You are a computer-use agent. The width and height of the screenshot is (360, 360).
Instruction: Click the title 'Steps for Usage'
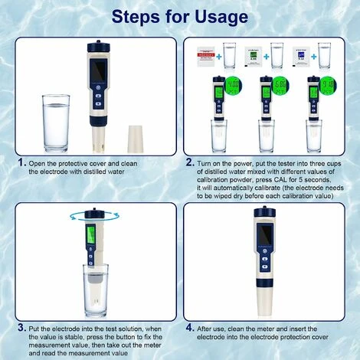(179, 16)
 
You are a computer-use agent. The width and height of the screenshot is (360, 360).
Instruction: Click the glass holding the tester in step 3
(93, 288)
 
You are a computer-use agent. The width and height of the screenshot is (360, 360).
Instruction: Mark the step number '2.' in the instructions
(189, 164)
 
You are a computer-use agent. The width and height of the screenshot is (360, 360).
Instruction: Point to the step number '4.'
(189, 329)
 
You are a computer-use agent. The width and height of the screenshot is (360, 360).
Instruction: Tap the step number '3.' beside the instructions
(21, 329)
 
